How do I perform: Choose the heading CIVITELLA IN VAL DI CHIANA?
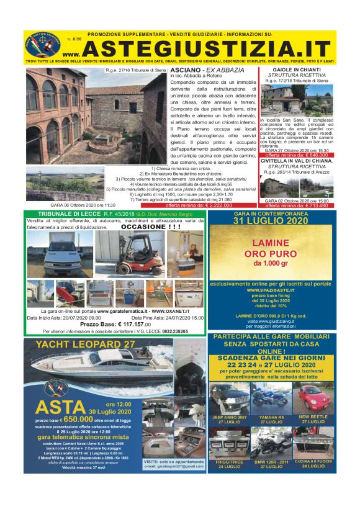click(x=295, y=160)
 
